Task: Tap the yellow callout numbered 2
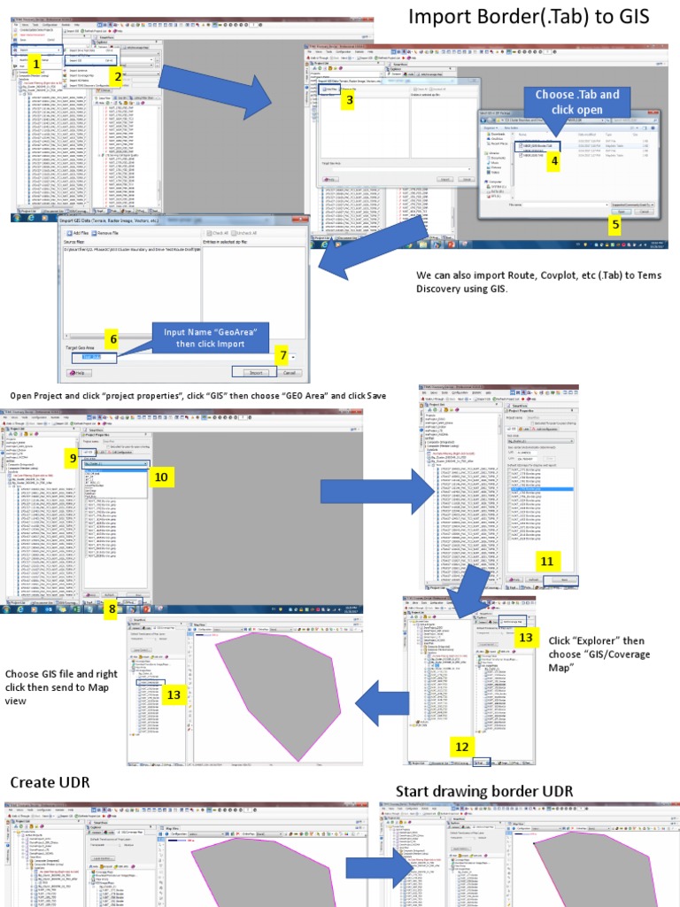pos(118,76)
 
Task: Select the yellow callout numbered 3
pos(349,100)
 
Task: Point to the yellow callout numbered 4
pos(554,160)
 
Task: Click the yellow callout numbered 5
pos(614,223)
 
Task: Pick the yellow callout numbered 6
pos(112,338)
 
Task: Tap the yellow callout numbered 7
pos(283,355)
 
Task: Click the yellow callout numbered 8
pos(112,608)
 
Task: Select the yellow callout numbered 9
pos(73,457)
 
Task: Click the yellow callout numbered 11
pos(546,562)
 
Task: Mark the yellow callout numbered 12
pos(460,747)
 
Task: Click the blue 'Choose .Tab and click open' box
pos(578,102)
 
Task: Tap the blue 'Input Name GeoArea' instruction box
pos(211,337)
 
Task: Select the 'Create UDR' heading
pos(50,782)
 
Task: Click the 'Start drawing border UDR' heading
pos(483,791)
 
